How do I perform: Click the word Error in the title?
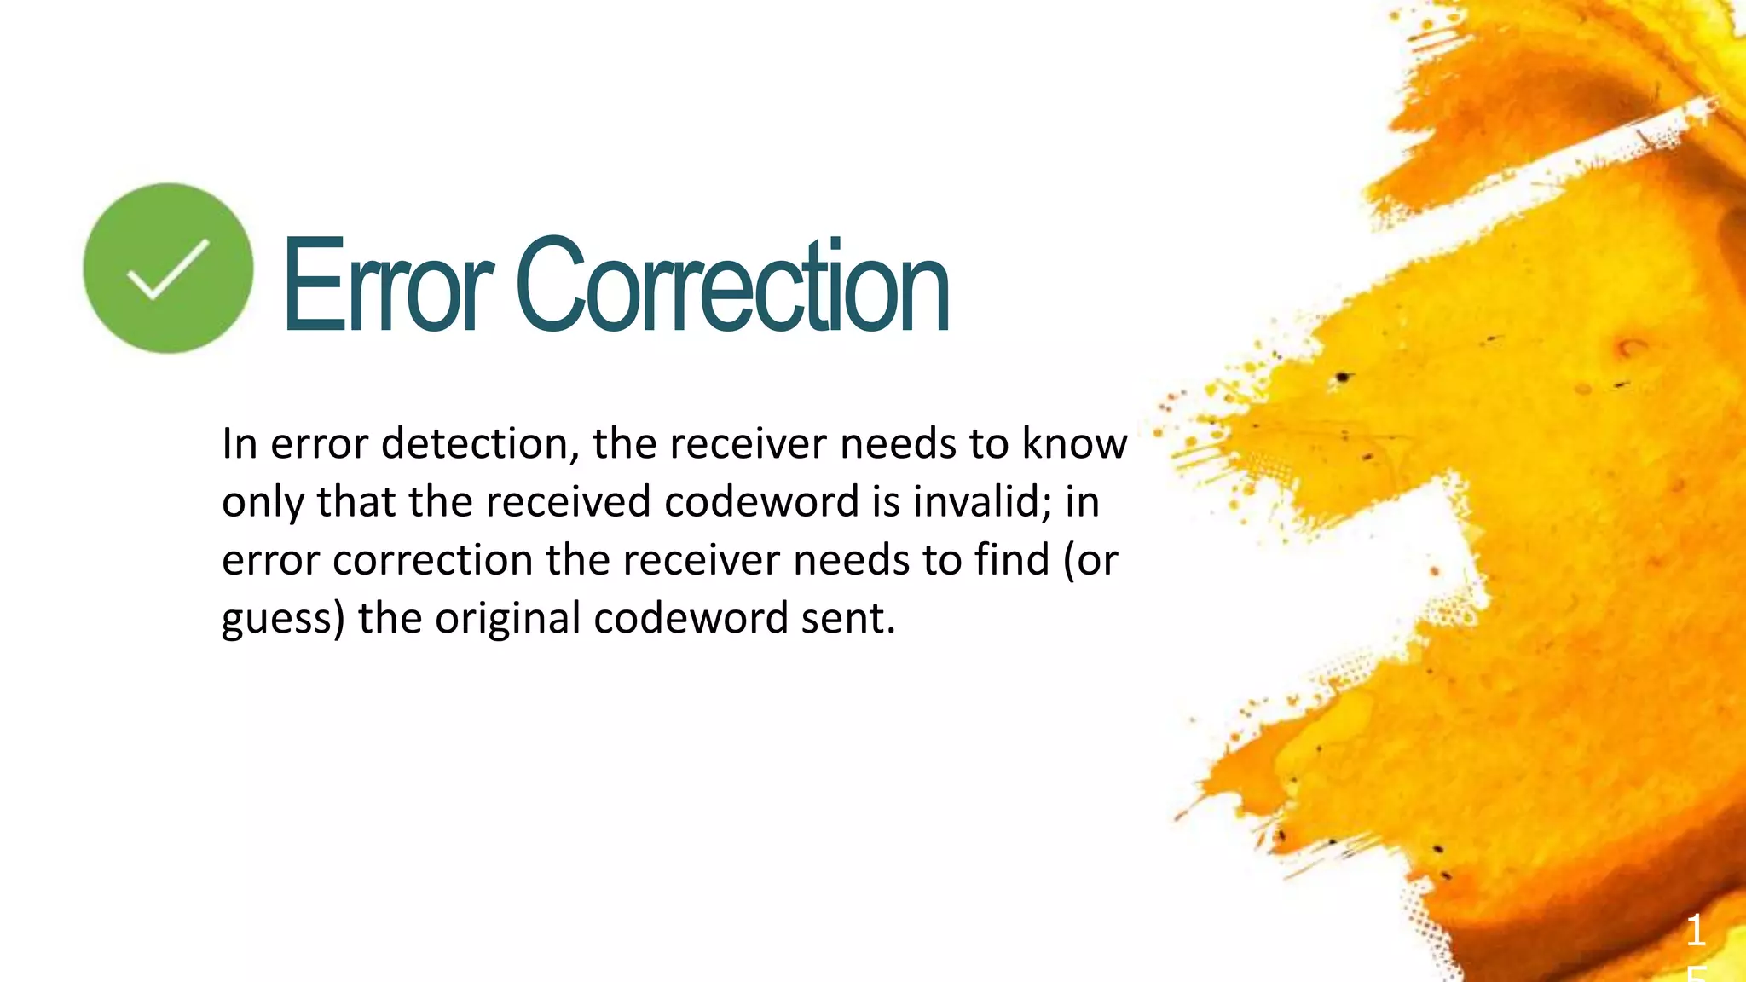pyautogui.click(x=388, y=286)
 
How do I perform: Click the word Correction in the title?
pyautogui.click(x=732, y=286)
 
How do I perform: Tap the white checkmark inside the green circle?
pyautogui.click(x=168, y=269)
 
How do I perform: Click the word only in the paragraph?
pyautogui.click(x=262, y=502)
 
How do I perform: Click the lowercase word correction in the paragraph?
pyautogui.click(x=432, y=560)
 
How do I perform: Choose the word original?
pyautogui.click(x=508, y=619)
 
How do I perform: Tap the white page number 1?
pyautogui.click(x=1696, y=930)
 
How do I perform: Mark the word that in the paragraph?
pyautogui.click(x=356, y=501)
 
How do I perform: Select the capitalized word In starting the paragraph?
pyautogui.click(x=240, y=443)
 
